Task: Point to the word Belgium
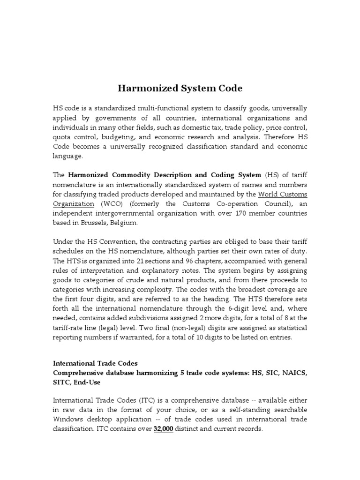(x=123, y=223)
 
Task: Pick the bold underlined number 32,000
(x=164, y=428)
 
